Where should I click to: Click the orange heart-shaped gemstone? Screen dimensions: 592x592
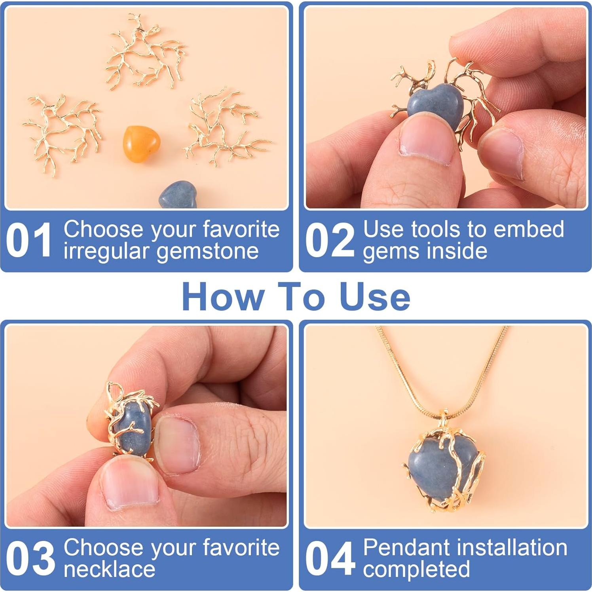141,144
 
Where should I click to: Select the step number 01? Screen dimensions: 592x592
28,240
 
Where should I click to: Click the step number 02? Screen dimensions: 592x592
330,240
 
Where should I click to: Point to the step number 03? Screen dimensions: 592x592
30,558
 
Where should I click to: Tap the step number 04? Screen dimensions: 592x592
330,558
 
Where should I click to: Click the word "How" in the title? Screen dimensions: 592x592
224,297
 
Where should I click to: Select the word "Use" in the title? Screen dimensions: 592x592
375,297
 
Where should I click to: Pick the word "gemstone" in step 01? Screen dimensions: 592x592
207,252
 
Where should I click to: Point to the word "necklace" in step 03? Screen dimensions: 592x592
109,569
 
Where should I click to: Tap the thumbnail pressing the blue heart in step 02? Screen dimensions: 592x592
426,139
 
